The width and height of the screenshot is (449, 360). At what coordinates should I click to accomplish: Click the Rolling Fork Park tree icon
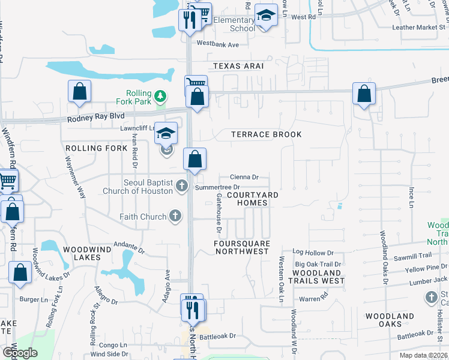[160, 95]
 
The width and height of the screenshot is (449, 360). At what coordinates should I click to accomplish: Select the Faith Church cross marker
[175, 216]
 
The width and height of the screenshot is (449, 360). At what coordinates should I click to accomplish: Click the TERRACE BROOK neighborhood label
[267, 134]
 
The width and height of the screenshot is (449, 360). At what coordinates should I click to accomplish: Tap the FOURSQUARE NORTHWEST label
[242, 247]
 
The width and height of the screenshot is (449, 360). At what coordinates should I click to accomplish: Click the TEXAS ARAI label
[238, 65]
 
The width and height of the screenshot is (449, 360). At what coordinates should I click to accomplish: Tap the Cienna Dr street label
[244, 177]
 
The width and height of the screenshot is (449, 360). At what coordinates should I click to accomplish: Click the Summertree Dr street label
[217, 188]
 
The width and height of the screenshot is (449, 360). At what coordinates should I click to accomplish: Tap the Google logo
[20, 353]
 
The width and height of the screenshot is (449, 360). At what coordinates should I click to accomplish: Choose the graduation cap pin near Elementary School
[266, 16]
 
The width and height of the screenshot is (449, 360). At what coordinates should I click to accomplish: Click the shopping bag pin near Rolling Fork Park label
[79, 92]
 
